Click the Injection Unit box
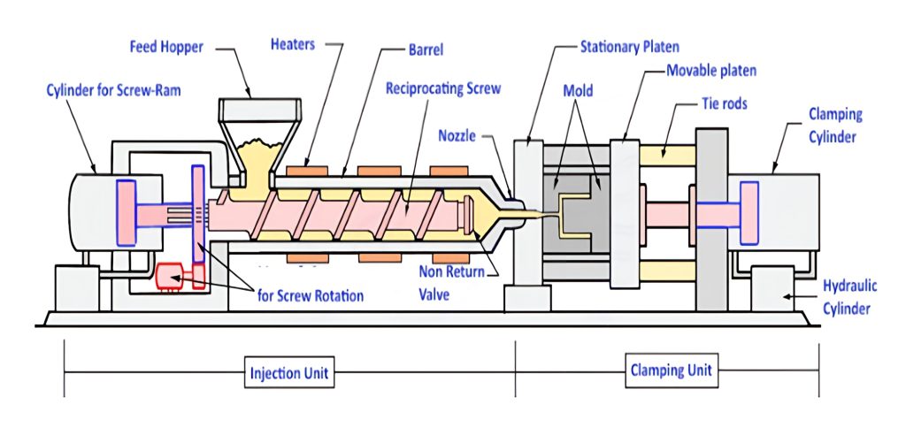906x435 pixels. (288, 373)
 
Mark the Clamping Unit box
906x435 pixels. (670, 370)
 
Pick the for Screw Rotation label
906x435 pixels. (309, 295)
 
